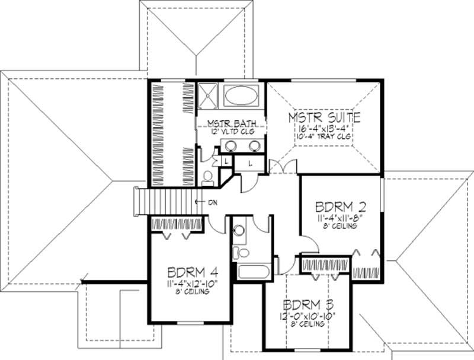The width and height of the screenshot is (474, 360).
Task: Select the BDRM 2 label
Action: pos(340,208)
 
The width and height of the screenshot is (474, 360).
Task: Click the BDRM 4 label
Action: pos(192,273)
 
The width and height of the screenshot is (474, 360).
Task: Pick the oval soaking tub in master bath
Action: pos(242,97)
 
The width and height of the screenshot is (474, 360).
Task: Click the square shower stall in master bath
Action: pos(209,96)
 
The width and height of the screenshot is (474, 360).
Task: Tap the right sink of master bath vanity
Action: pos(255,146)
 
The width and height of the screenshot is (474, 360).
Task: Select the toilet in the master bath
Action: pos(207,177)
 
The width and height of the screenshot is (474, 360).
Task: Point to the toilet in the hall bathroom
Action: pos(241,253)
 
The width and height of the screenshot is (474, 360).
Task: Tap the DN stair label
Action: pos(212,202)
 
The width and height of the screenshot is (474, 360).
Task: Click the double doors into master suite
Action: pos(283,168)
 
